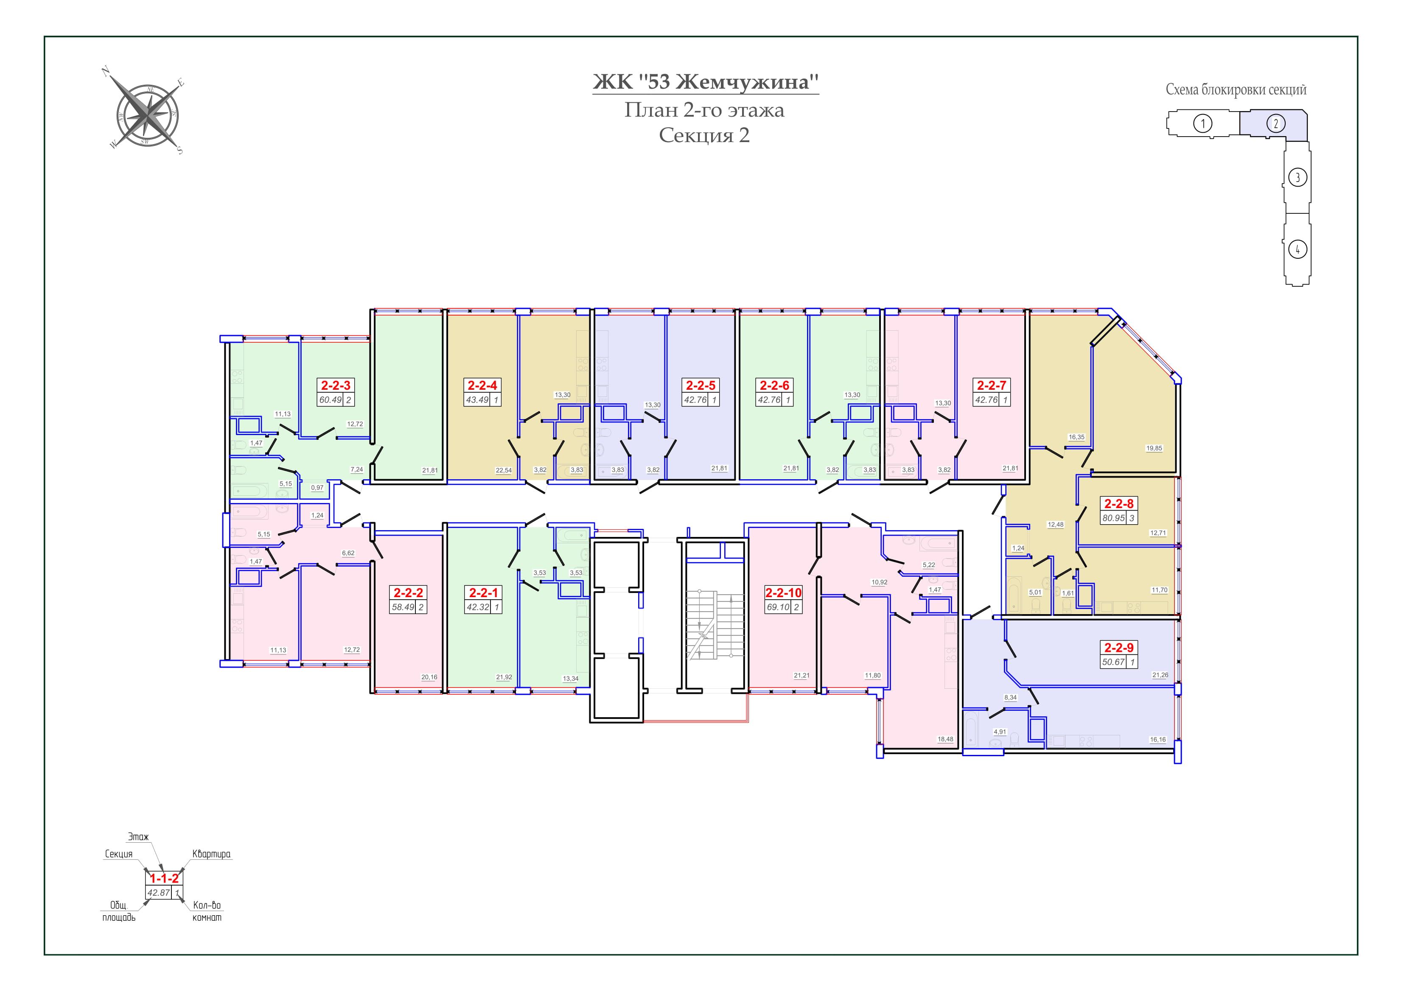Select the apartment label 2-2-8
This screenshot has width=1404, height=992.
[x=1119, y=504]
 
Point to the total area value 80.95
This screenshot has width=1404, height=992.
[x=1113, y=518]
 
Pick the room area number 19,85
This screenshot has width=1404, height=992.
[x=1154, y=448]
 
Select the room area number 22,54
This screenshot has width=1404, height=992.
[x=503, y=470]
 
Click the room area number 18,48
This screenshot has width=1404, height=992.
[x=945, y=739]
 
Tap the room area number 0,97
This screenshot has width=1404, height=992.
[x=317, y=488]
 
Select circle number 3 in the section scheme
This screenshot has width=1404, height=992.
[x=1298, y=178]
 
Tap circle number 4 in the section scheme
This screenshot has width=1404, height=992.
[x=1298, y=249]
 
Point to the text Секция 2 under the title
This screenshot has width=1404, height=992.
[x=704, y=135]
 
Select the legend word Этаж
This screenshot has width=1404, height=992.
[x=138, y=837]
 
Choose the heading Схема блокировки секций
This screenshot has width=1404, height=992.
[x=1236, y=90]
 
